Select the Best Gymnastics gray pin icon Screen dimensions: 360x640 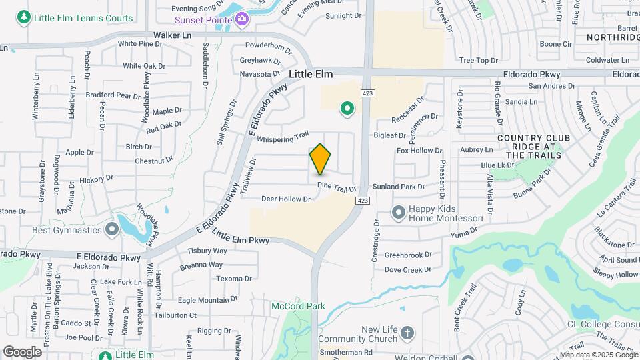click(x=112, y=230)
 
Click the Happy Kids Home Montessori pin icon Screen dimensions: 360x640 click(x=399, y=213)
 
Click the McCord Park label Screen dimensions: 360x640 click(x=297, y=306)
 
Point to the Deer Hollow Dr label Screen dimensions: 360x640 click(x=286, y=199)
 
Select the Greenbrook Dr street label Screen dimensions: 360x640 click(x=409, y=255)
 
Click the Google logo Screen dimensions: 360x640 click(x=22, y=351)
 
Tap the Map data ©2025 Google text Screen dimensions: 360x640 click(x=599, y=355)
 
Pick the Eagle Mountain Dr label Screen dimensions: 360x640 click(x=208, y=300)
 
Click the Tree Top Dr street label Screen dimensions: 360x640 click(x=479, y=61)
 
